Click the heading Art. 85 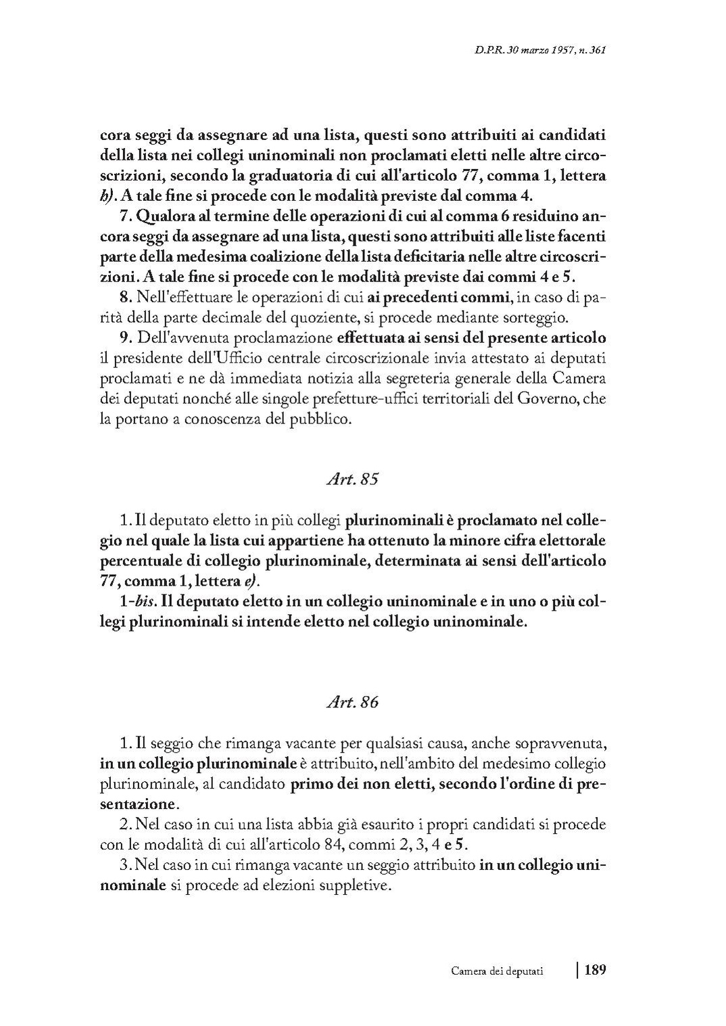click(352, 480)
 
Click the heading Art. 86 click(352, 702)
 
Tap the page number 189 click(595, 970)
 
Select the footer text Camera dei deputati click(498, 971)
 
